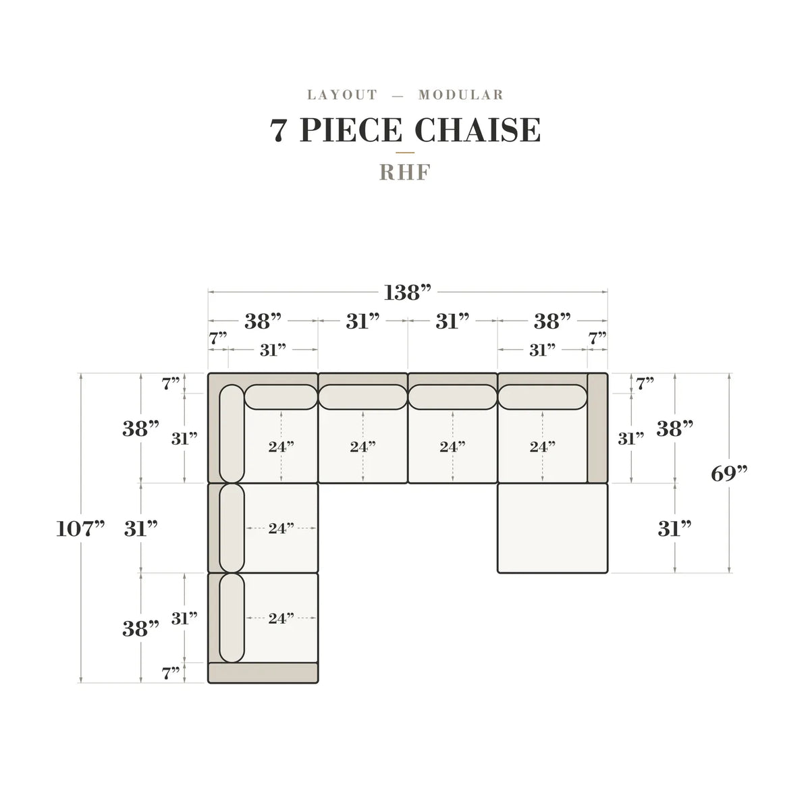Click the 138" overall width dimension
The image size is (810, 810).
pyautogui.click(x=407, y=292)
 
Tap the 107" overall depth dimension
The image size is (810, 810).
pyautogui.click(x=80, y=529)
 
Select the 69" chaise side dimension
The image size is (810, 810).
pyautogui.click(x=729, y=474)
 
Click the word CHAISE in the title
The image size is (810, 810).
pyautogui.click(x=477, y=130)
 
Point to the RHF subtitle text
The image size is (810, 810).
pyautogui.click(x=405, y=172)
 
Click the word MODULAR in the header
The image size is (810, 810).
pyautogui.click(x=461, y=95)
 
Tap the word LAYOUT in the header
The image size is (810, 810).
pyautogui.click(x=342, y=95)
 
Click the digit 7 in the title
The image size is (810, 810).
pyautogui.click(x=279, y=130)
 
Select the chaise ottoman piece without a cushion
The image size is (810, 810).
pyautogui.click(x=552, y=528)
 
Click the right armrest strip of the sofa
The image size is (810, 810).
pyautogui.click(x=597, y=428)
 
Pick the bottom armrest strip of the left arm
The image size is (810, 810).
pyautogui.click(x=263, y=672)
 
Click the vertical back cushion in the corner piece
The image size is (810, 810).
pyautogui.click(x=232, y=433)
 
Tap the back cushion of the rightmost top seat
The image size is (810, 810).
pyautogui.click(x=542, y=397)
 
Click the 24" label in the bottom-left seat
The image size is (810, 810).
pyautogui.click(x=281, y=618)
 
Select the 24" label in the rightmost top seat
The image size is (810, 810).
pyautogui.click(x=542, y=446)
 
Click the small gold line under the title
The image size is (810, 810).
pyautogui.click(x=405, y=153)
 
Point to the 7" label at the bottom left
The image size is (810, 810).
pyautogui.click(x=171, y=673)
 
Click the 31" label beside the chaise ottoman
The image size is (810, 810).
pyautogui.click(x=674, y=529)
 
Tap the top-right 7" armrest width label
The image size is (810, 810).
pyautogui.click(x=597, y=337)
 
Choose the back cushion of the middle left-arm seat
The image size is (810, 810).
pyautogui.click(x=232, y=528)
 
